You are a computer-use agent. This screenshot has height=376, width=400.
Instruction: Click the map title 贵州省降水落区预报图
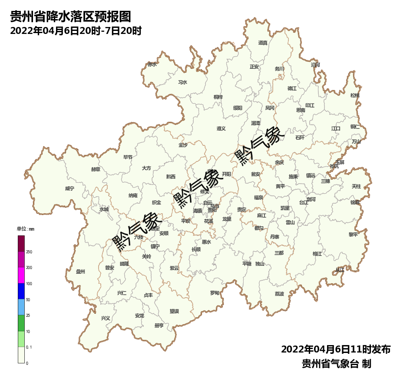pyautogui.click(x=70, y=17)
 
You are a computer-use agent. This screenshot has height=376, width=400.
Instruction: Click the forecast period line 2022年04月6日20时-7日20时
pyautogui.click(x=76, y=31)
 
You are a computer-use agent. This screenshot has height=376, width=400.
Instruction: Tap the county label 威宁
pyautogui.click(x=69, y=188)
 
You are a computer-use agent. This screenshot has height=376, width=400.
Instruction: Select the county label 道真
pyautogui.click(x=263, y=43)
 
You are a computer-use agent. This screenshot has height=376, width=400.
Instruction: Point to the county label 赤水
pyautogui.click(x=152, y=64)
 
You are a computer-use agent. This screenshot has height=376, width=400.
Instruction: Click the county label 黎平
pyautogui.click(x=353, y=234)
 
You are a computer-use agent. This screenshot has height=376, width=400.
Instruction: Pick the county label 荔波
pyautogui.click(x=279, y=294)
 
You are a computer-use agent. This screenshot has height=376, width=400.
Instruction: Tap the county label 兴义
pyautogui.click(x=106, y=318)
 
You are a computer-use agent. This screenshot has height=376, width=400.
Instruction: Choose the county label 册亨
pyautogui.click(x=159, y=325)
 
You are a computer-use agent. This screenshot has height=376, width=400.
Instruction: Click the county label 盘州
pyautogui.click(x=80, y=272)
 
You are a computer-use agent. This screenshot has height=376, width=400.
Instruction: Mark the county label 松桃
pyautogui.click(x=355, y=95)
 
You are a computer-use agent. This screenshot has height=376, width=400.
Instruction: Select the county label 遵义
pyautogui.click(x=221, y=128)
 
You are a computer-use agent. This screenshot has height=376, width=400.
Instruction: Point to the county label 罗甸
pyautogui.click(x=215, y=293)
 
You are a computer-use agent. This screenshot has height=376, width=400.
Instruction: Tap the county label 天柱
pyautogui.click(x=356, y=186)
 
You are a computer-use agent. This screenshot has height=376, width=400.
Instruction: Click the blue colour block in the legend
pyautogui.click(x=21, y=291)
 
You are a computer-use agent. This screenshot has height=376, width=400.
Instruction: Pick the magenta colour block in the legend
pyautogui.click(x=21, y=275)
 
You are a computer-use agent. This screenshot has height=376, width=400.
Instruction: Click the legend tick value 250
pyautogui.click(x=29, y=252)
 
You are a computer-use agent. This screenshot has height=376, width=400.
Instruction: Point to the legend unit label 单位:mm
pyautogui.click(x=25, y=229)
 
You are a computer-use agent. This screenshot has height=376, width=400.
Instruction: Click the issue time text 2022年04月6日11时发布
pyautogui.click(x=336, y=349)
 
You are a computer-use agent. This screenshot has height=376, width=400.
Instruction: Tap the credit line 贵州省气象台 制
pyautogui.click(x=337, y=364)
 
